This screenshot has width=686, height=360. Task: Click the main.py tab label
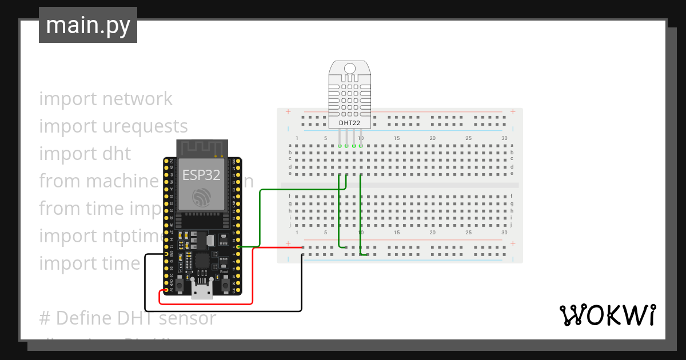click(87, 25)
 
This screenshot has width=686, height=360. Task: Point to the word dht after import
click(117, 154)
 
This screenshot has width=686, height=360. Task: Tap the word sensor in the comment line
click(188, 318)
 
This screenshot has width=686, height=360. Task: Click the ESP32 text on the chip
click(201, 175)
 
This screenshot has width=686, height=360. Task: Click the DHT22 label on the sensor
click(350, 122)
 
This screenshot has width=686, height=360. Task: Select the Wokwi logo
click(607, 315)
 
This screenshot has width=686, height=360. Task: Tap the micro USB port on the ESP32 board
click(201, 292)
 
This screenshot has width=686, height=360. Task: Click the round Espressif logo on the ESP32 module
click(201, 198)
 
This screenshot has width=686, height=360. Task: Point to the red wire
click(252, 274)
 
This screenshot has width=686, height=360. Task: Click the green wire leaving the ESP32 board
click(260, 217)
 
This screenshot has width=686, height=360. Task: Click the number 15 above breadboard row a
click(397, 138)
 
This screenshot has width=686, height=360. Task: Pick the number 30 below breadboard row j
click(504, 233)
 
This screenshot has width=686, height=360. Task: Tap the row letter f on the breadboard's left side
click(290, 196)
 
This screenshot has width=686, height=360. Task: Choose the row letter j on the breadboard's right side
click(512, 224)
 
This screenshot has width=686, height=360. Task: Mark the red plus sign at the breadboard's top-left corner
click(288, 111)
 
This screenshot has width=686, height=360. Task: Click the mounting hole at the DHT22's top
click(350, 69)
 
